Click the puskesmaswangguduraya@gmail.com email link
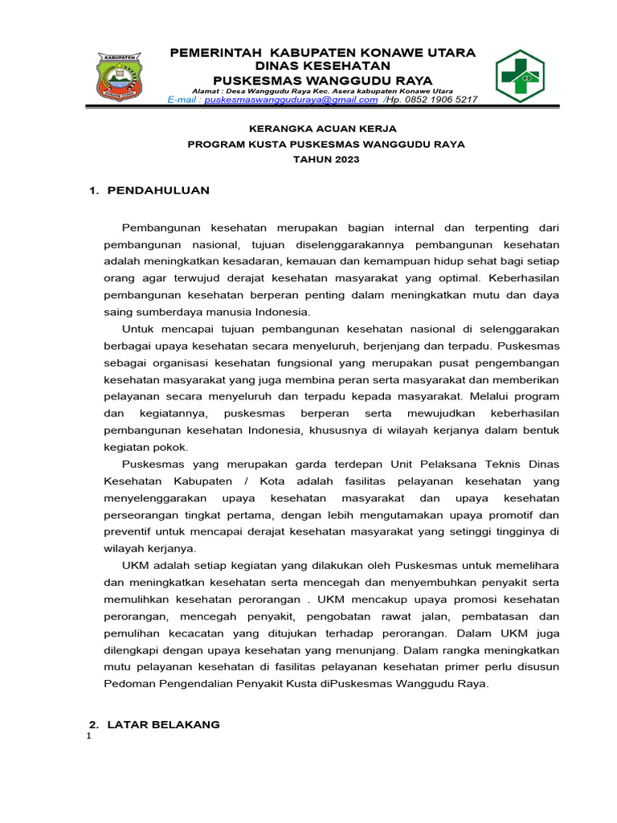tap(291, 100)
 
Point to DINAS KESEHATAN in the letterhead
tap(322, 66)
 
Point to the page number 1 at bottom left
tap(88, 739)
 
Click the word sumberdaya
tap(169, 312)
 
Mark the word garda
tap(292, 465)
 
